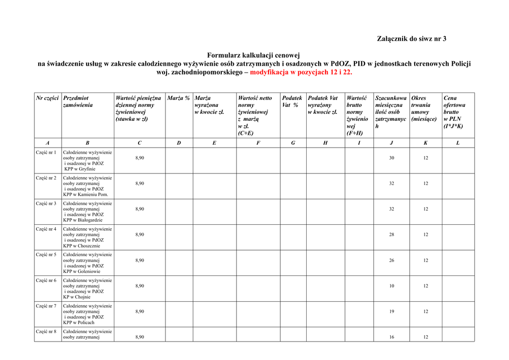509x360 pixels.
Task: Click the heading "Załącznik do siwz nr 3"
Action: click(412, 39)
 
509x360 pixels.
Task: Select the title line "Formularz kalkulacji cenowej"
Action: click(254, 56)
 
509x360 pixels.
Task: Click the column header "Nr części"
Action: click(48, 98)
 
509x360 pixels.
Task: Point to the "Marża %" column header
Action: click(178, 98)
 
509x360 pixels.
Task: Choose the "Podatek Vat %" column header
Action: click(292, 101)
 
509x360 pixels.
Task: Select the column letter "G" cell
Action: click(293, 143)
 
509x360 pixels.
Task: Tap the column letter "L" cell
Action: click(458, 143)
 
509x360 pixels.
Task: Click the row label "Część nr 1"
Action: click(46, 152)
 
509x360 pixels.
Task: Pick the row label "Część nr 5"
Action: click(46, 255)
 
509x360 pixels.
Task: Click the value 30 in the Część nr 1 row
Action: click(392, 158)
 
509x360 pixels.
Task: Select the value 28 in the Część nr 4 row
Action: click(392, 235)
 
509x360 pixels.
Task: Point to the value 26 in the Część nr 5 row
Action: click(392, 261)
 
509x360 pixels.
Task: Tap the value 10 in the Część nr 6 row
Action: click(392, 286)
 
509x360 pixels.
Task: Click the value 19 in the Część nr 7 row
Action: click(392, 312)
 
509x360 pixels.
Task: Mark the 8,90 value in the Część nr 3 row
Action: click(140, 209)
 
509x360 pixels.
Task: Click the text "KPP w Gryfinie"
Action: click(80, 169)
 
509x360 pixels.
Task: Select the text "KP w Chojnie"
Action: click(77, 297)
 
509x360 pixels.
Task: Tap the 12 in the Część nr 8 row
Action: click(425, 337)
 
